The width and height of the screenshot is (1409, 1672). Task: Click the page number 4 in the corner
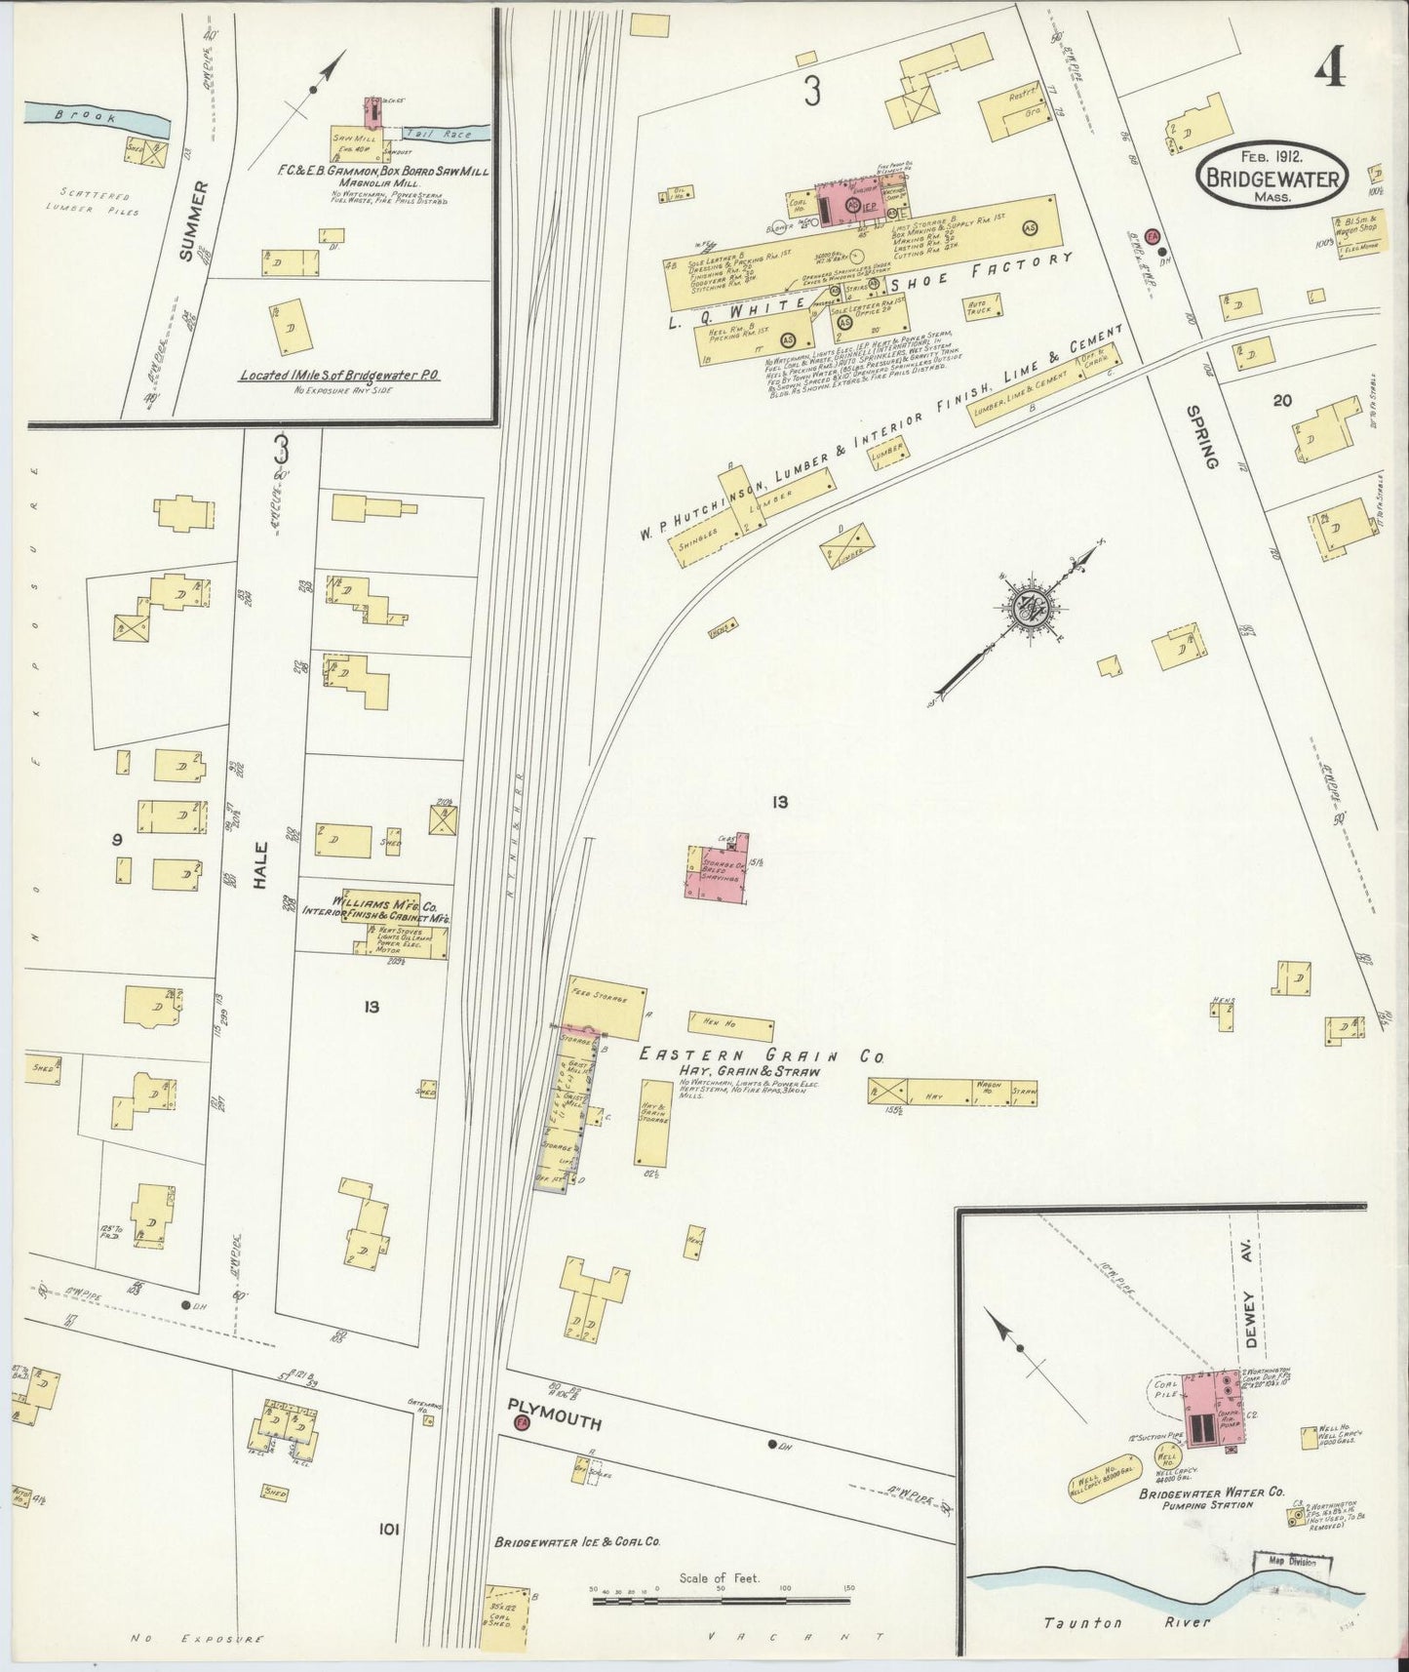point(1331,68)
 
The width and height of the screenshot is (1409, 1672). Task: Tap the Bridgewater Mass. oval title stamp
point(1273,176)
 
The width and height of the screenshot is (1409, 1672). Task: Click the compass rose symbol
point(1036,609)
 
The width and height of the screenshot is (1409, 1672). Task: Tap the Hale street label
point(259,864)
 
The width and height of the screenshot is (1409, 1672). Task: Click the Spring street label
point(1200,438)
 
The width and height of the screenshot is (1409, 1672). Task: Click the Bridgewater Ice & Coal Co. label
point(578,1570)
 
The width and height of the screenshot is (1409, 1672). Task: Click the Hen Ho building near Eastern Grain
point(729,1025)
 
